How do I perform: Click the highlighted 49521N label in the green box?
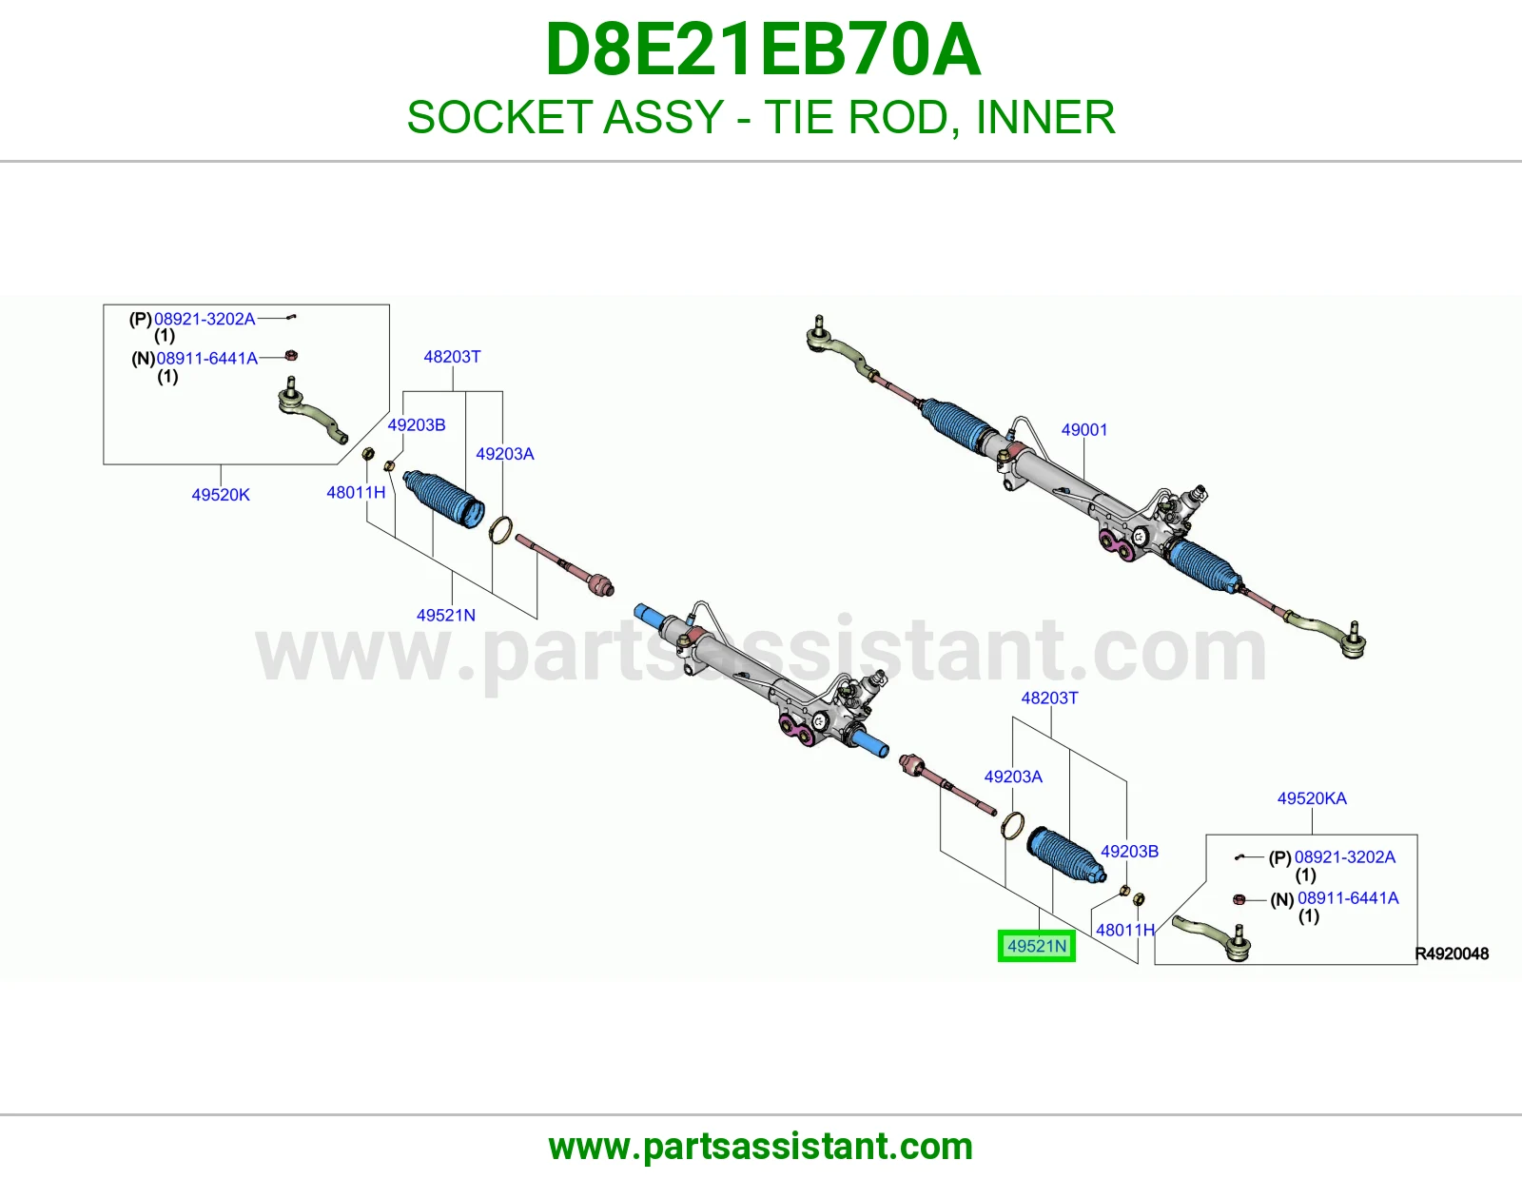click(x=1037, y=946)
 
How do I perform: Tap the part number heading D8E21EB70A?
click(x=763, y=49)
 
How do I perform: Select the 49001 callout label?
click(x=1084, y=429)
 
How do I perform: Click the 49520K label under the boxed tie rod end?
click(x=221, y=495)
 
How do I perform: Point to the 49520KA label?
click(x=1312, y=798)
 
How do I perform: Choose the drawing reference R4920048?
click(x=1452, y=954)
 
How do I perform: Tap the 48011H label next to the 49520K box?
click(x=356, y=493)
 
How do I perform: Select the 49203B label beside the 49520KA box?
click(x=1130, y=852)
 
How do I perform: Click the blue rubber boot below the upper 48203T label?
click(x=444, y=499)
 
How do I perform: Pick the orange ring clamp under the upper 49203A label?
click(x=500, y=530)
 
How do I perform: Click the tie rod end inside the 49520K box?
click(x=311, y=410)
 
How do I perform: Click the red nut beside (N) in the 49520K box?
click(x=291, y=356)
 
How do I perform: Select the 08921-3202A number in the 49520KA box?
click(x=1345, y=857)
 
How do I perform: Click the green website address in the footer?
click(x=761, y=1147)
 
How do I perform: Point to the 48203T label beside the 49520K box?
click(x=453, y=357)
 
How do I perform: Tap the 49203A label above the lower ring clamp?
click(x=1013, y=777)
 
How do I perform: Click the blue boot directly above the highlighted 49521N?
click(x=1066, y=855)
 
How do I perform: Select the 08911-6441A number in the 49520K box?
click(x=207, y=358)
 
